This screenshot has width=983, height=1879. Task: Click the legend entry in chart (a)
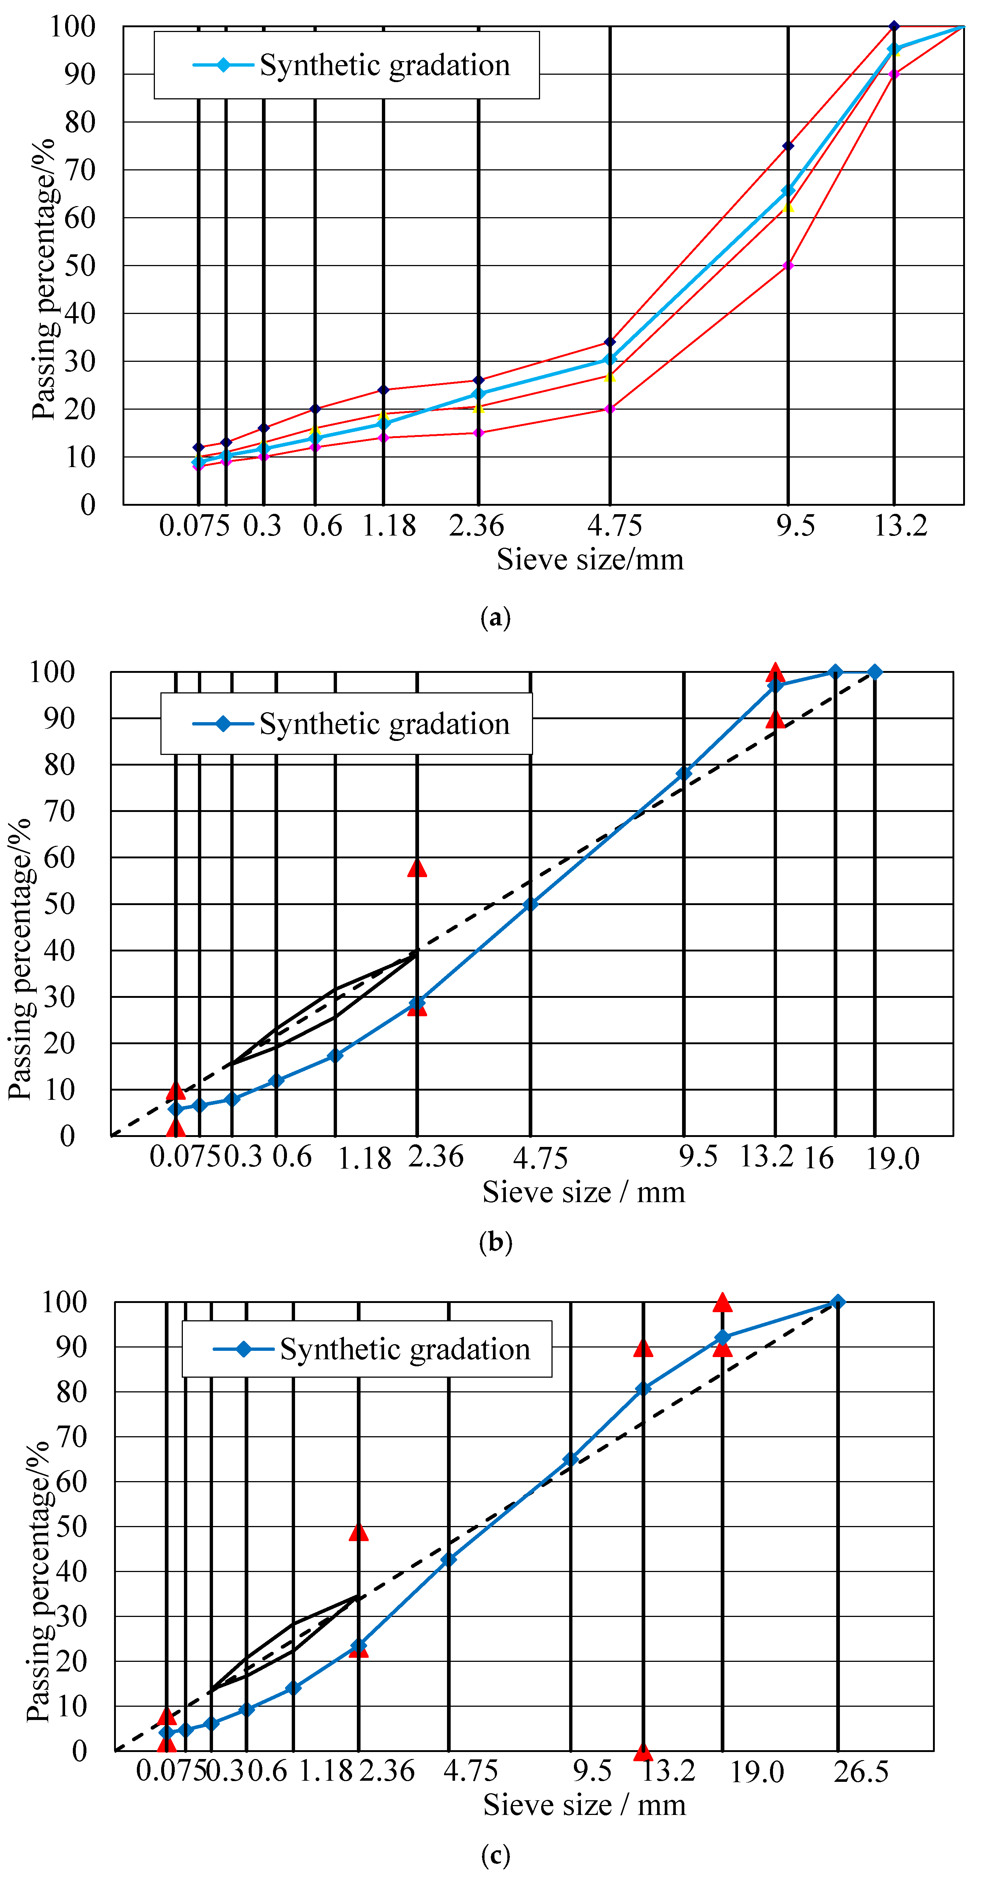point(347,65)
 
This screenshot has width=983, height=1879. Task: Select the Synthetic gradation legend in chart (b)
point(347,724)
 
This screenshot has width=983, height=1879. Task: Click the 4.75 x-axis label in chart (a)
point(615,525)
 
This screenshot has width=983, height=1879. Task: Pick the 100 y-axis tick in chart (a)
point(73,27)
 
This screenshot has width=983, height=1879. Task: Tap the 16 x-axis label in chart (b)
point(819,1158)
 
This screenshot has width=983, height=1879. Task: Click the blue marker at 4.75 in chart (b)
point(531,904)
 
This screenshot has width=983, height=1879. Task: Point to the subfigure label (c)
point(496,1854)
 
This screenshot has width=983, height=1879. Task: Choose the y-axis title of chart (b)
point(21,959)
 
